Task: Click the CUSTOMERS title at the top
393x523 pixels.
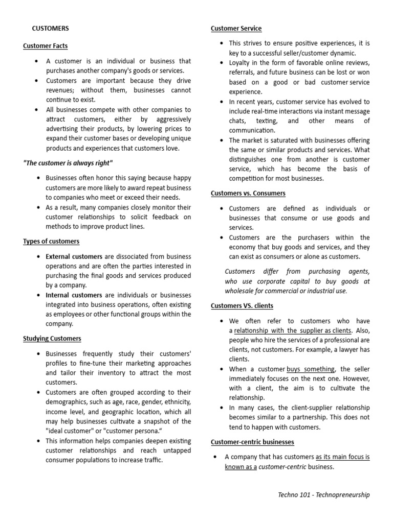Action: pyautogui.click(x=50, y=28)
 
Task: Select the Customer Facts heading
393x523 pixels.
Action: pyautogui.click(x=45, y=46)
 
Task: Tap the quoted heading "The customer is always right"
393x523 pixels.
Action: pyautogui.click(x=68, y=163)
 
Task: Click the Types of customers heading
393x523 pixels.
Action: pyautogui.click(x=51, y=241)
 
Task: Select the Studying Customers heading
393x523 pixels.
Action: pyautogui.click(x=52, y=338)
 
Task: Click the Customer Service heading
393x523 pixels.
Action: pyautogui.click(x=236, y=28)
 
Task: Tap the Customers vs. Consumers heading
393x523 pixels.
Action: pyautogui.click(x=248, y=193)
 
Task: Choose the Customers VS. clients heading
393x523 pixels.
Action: pyautogui.click(x=242, y=305)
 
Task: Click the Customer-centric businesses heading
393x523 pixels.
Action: pyautogui.click(x=252, y=442)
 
